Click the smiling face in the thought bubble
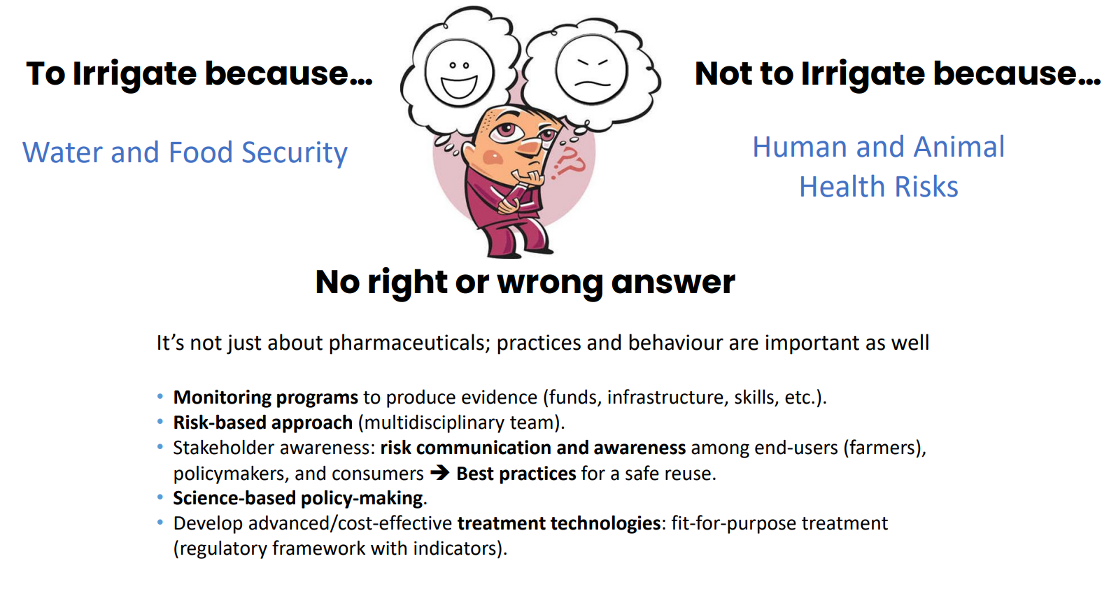click(x=459, y=73)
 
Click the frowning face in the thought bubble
click(x=591, y=69)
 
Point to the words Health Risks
click(x=879, y=187)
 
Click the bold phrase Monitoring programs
click(x=266, y=397)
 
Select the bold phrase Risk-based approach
click(x=262, y=423)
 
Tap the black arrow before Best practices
click(x=440, y=474)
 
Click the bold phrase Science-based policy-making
click(x=297, y=498)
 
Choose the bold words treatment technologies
click(x=559, y=523)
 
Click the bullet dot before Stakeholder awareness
click(x=160, y=447)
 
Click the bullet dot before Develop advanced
click(x=160, y=523)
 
